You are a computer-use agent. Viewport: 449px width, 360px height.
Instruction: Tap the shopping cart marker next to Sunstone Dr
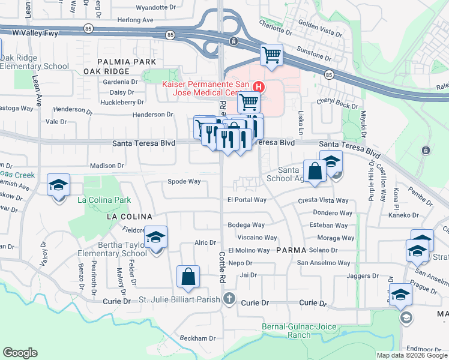pyautogui.click(x=271, y=55)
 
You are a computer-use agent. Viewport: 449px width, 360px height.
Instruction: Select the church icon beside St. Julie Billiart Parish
pyautogui.click(x=229, y=299)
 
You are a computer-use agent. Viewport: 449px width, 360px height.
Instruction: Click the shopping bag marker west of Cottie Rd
pyautogui.click(x=188, y=277)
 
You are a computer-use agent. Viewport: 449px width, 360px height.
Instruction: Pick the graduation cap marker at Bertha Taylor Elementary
pyautogui.click(x=155, y=238)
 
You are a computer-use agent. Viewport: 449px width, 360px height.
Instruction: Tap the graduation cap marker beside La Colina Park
pyautogui.click(x=58, y=185)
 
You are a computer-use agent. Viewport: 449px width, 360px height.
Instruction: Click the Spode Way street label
pyautogui.click(x=184, y=181)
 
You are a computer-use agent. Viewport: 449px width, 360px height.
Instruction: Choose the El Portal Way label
pyautogui.click(x=246, y=200)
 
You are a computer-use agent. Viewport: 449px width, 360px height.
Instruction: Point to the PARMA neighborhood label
pyautogui.click(x=292, y=250)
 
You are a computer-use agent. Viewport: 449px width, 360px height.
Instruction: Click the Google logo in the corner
pyautogui.click(x=20, y=353)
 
